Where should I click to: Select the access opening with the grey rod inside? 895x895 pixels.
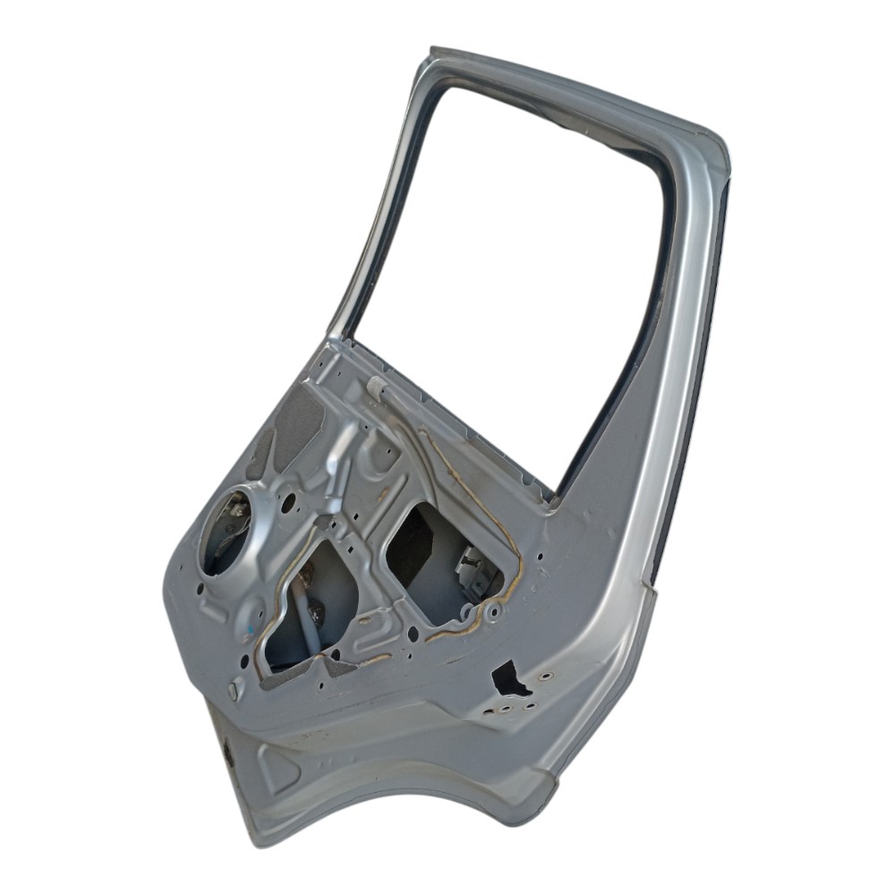tap(309, 609)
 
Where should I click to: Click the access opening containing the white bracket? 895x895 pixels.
tap(447, 559)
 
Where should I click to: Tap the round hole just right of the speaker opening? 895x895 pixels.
tap(287, 503)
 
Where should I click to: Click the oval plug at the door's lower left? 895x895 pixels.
tap(234, 690)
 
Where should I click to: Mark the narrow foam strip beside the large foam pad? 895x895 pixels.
tap(260, 452)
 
